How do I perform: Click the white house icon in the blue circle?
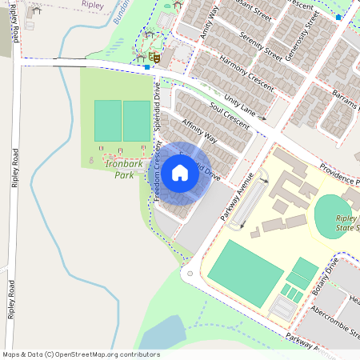[x=180, y=172]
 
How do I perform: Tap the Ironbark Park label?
[x=117, y=169]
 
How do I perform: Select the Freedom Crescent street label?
[x=158, y=171]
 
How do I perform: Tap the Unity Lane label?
[x=244, y=105]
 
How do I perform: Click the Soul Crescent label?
[x=230, y=117]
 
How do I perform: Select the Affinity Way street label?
[x=200, y=132]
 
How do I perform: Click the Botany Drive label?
[x=327, y=273]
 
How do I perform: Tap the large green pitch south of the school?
[x=245, y=272]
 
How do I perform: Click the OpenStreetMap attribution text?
[x=81, y=354]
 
